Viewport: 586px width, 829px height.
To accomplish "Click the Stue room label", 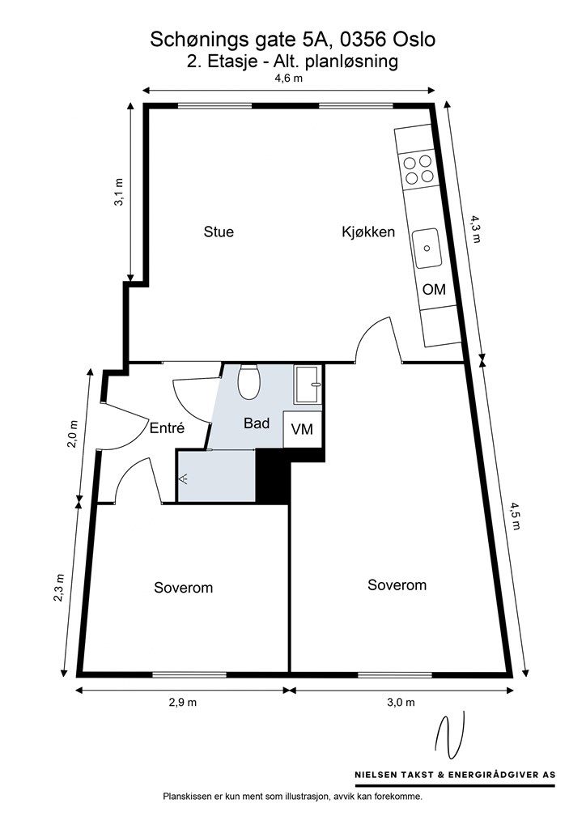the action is pos(219,232).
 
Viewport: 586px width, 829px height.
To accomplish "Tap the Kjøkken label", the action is pos(368,232).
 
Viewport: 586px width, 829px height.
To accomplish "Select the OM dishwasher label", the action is pos(434,289).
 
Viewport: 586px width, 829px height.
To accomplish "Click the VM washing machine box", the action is pos(303,429).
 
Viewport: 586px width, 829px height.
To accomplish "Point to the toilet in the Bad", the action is pos(248,382).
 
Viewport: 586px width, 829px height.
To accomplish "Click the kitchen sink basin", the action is pos(427,248).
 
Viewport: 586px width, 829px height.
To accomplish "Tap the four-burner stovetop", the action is pos(418,170).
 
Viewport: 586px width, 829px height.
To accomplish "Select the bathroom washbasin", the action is pos(308,385).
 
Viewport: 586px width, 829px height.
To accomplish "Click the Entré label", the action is pos(167,427).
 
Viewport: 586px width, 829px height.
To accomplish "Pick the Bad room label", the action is pos(257,423).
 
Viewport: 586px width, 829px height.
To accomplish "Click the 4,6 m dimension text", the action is pos(288,79).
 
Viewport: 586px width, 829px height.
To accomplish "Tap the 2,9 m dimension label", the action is pos(182,702).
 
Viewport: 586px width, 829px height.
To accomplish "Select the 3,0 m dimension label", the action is pos(401,702).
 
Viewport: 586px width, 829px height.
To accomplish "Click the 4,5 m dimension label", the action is pos(516,516).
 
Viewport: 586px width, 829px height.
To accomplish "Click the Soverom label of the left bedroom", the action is pos(184,588).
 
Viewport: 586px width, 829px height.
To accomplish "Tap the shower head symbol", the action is pos(184,479).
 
